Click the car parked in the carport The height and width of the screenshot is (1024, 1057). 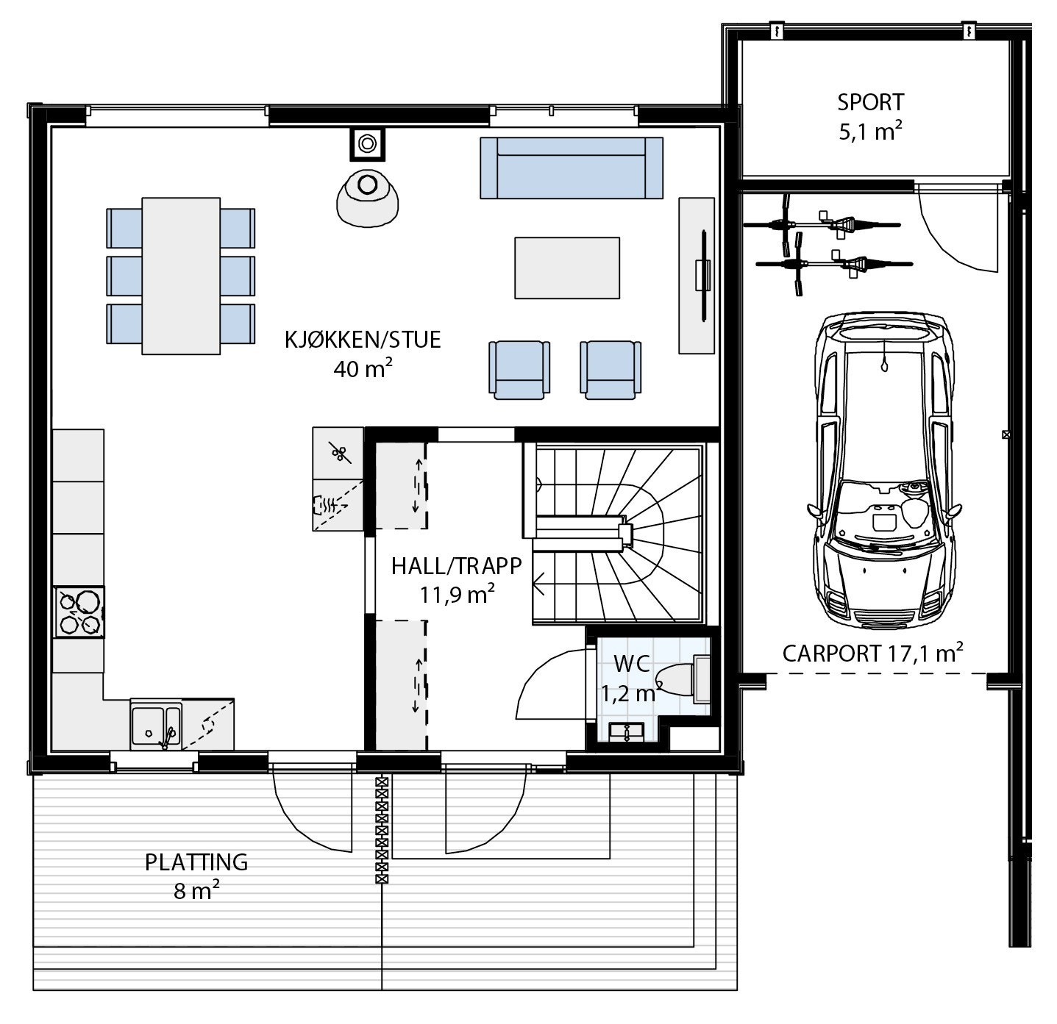pyautogui.click(x=885, y=470)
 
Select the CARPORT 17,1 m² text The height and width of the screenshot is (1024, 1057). pyautogui.click(x=872, y=653)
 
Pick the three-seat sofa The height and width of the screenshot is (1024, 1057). pyautogui.click(x=571, y=168)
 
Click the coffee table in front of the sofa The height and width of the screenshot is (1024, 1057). pyautogui.click(x=566, y=268)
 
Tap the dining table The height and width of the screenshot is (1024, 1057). pyautogui.click(x=181, y=276)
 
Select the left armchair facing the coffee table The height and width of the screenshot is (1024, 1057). pyautogui.click(x=519, y=370)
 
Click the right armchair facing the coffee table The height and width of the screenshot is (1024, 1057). pyautogui.click(x=610, y=370)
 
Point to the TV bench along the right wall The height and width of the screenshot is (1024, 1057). pyautogui.click(x=696, y=275)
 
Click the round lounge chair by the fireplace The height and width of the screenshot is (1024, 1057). pyautogui.click(x=366, y=197)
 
